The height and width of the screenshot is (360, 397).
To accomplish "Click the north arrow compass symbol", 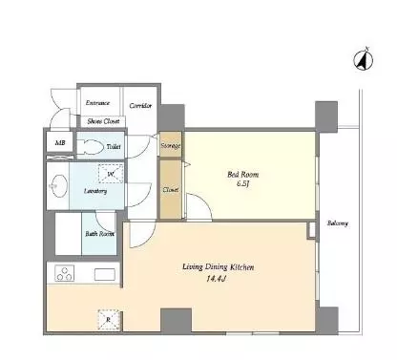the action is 363,59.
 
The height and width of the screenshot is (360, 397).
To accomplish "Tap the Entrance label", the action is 97,103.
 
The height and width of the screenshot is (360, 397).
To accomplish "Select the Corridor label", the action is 140,106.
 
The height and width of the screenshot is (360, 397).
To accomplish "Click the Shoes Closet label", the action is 103,121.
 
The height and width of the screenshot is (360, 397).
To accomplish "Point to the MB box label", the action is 60,143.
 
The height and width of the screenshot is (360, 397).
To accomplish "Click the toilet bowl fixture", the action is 91,147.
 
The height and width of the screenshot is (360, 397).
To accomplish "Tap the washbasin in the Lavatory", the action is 57,186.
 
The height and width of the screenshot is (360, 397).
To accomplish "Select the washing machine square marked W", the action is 111,174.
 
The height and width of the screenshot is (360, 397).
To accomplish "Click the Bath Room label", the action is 99,234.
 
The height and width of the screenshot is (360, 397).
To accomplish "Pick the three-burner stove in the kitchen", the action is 65,273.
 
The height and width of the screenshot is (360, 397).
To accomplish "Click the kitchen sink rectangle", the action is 104,274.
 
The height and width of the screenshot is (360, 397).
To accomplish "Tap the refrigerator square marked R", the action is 109,320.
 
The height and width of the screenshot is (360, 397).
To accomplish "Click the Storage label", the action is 171,146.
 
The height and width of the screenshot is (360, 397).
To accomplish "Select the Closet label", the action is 171,190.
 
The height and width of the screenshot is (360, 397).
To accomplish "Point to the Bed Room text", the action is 243,175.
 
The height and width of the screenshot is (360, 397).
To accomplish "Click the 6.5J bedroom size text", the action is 242,183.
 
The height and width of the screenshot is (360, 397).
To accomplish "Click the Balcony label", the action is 338,223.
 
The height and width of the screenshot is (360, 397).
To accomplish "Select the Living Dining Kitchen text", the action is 219,267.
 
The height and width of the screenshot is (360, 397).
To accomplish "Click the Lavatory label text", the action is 95,191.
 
